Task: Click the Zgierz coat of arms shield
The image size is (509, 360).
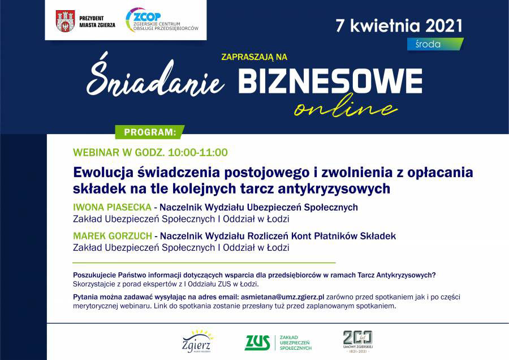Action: [65, 21]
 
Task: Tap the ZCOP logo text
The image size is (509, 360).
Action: [147, 16]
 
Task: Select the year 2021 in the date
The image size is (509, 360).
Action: [443, 25]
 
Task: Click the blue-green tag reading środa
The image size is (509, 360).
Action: [435, 44]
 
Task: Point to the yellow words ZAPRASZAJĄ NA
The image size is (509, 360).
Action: [254, 57]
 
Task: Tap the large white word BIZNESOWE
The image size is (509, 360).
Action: [330, 81]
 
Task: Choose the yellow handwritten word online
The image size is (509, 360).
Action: [346, 106]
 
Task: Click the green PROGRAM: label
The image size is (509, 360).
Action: [150, 132]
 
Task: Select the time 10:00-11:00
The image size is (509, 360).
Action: [198, 152]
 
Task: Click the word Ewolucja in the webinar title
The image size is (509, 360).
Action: [103, 173]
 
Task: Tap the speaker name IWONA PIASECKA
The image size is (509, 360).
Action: [113, 207]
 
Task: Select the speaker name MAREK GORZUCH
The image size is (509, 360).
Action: [113, 236]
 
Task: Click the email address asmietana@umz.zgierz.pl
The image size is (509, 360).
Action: [282, 297]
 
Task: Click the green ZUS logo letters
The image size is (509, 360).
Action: [257, 343]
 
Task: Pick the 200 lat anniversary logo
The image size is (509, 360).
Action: [358, 342]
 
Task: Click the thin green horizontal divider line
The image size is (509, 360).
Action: [204, 263]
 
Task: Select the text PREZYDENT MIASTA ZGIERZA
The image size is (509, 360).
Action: [97, 22]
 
